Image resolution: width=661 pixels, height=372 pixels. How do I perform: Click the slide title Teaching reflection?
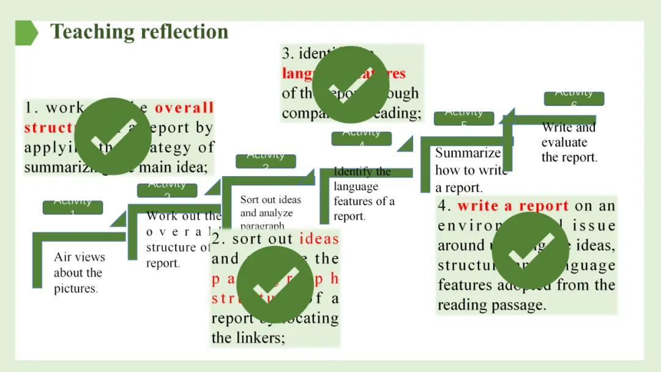coord(139,32)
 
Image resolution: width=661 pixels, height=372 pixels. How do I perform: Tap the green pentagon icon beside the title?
coord(26,32)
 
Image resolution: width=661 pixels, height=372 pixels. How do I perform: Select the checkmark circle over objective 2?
coord(275,285)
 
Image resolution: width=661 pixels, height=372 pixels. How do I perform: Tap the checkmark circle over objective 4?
coord(530,250)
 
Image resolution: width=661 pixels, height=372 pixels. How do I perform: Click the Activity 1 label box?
coord(72,207)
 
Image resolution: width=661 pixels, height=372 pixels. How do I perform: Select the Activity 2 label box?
coord(166,190)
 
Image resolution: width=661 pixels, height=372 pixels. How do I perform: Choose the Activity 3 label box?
coord(266,161)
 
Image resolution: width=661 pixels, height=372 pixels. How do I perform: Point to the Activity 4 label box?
coord(361,138)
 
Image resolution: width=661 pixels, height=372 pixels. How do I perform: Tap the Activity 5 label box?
coord(463,118)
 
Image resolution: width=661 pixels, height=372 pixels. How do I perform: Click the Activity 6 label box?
coord(573,99)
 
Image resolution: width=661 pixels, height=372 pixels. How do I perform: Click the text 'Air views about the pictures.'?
coord(79,273)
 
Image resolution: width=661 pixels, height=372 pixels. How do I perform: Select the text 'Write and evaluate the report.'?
coord(569,143)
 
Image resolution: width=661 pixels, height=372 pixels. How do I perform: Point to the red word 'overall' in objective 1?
coord(184,108)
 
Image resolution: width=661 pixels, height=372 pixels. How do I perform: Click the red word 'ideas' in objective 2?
coord(319,239)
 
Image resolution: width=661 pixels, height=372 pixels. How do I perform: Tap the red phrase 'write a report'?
coord(513,206)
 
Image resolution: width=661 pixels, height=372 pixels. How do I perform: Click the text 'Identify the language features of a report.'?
coord(364,194)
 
